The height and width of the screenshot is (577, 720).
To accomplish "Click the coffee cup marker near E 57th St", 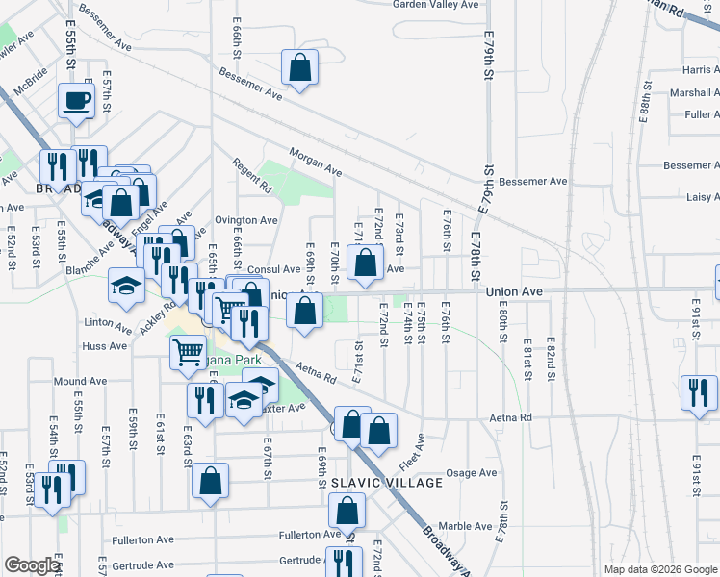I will pos(76,100).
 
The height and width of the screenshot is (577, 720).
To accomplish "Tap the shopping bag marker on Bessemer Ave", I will pos(300,67).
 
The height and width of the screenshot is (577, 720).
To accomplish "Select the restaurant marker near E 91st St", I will pos(699,392).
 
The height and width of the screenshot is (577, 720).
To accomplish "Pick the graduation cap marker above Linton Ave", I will pos(125,286).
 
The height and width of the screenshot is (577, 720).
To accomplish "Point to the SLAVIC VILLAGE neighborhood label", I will pos(387,482).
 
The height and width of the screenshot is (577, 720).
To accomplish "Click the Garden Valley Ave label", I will pos(435,5).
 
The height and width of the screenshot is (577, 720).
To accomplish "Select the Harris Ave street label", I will pos(701,70).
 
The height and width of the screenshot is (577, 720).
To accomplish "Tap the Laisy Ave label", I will pos(701,197).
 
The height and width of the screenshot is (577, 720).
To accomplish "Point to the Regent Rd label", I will pos(252,180).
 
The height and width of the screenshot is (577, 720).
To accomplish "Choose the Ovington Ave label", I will pos(239,220).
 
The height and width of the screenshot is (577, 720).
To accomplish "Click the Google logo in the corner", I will pos(32,566).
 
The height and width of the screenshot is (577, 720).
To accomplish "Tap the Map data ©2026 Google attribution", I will pos(659,569).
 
